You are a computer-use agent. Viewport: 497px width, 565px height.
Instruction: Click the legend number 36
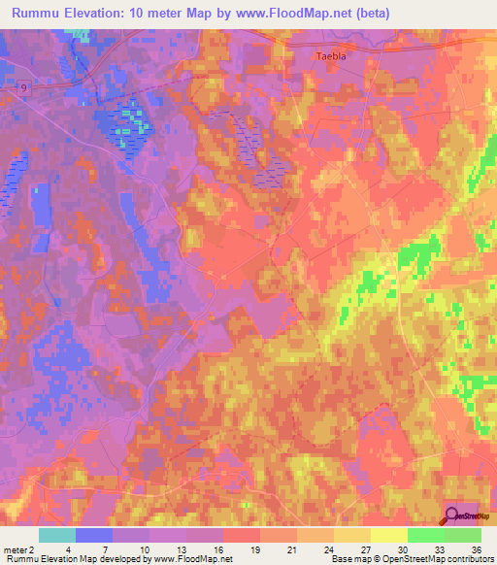click(x=476, y=548)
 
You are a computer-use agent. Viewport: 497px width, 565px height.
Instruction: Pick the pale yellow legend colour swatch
click(x=388, y=535)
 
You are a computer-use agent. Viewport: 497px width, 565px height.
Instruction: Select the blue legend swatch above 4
click(x=94, y=535)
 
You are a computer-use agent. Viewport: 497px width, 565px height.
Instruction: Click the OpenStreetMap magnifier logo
click(x=453, y=515)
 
